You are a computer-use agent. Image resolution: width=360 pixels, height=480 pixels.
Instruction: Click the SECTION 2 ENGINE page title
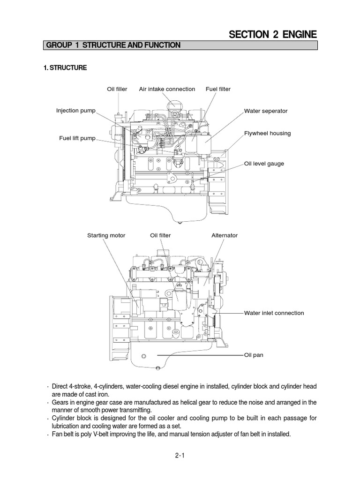[272, 34]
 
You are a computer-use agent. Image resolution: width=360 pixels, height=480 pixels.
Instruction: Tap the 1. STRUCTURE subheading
[65, 68]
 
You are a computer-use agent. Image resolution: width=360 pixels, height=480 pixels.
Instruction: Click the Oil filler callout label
[117, 89]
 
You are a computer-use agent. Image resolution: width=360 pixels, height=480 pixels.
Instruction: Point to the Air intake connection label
[167, 89]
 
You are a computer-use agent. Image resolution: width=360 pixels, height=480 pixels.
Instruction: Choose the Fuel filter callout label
[218, 89]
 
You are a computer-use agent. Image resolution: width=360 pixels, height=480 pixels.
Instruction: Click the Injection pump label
[75, 111]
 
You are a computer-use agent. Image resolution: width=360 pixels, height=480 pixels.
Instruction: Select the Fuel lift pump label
[77, 138]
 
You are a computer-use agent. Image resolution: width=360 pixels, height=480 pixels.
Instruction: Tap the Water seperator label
[266, 111]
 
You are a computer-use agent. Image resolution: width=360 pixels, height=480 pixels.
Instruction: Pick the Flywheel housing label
[267, 133]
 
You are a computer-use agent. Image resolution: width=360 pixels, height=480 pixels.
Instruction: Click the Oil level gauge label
[264, 164]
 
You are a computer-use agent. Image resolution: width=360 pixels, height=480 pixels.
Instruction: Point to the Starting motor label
[106, 235]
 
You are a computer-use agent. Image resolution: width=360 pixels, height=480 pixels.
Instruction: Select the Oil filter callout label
[160, 235]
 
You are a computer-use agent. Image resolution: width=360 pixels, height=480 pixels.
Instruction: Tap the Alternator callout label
[225, 235]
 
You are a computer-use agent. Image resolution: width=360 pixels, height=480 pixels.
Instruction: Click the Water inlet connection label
[274, 313]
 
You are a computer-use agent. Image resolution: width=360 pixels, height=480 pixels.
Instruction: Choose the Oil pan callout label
[254, 355]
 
